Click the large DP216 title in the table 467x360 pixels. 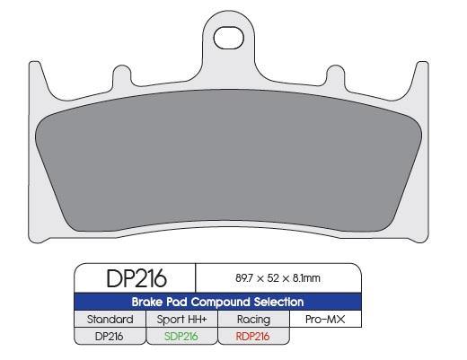pos(132,279)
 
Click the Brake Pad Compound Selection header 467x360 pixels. pos(218,303)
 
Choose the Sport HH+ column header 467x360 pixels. pos(181,319)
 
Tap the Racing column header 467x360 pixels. pos(253,319)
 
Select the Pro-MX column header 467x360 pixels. pos(325,319)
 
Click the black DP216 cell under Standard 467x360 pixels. pos(110,336)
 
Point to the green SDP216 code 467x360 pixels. pos(181,336)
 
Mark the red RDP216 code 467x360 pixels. pos(253,336)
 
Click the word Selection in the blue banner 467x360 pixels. pos(277,303)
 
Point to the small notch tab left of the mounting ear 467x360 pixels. pos(118,73)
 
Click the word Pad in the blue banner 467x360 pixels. pos(175,303)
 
